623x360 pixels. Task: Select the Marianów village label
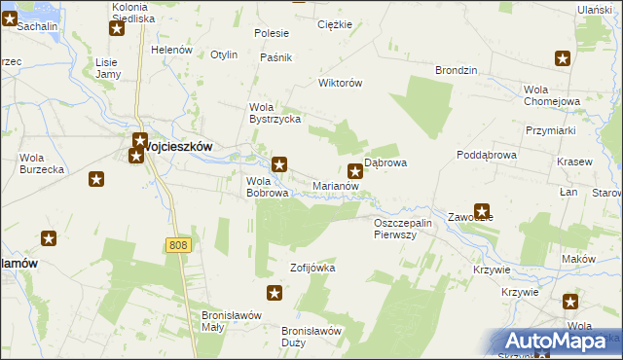pos(337,185)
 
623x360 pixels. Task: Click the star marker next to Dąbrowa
pos(356,172)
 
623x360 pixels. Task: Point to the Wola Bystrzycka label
pos(275,113)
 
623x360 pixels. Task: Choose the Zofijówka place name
pos(311,267)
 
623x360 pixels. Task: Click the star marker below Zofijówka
pos(275,293)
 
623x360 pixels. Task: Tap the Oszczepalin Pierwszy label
pos(409,229)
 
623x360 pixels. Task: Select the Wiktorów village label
pos(341,83)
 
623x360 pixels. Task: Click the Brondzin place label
pos(456,71)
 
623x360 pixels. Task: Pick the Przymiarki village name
pos(552,130)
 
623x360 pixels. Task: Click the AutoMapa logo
pos(561,342)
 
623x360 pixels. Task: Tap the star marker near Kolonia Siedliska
pos(117,28)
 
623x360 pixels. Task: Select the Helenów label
pos(171,50)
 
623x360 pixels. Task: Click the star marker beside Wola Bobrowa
pos(279,164)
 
